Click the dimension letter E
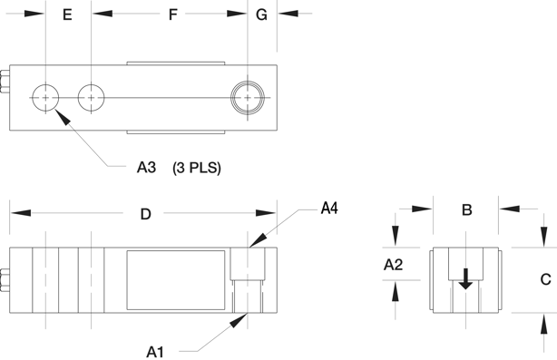point(67,15)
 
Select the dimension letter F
point(172,15)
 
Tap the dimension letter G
point(261,15)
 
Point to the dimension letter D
point(146,214)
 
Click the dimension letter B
point(467,209)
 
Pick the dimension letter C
point(545,279)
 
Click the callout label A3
point(146,167)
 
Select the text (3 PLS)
point(197,168)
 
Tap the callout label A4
point(329,209)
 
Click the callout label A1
point(155,352)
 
